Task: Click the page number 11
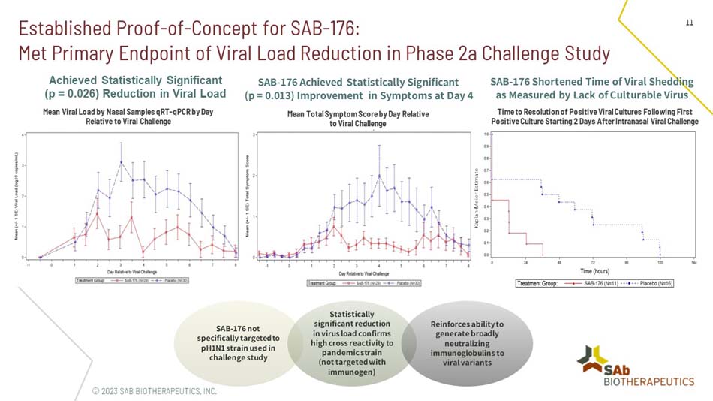pyautogui.click(x=688, y=23)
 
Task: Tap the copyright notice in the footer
pyautogui.click(x=154, y=391)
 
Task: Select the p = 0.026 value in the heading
pyautogui.click(x=74, y=94)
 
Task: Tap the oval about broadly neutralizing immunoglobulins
pyautogui.click(x=468, y=342)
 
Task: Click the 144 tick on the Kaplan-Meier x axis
pyautogui.click(x=693, y=261)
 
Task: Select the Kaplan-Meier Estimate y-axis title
pyautogui.click(x=477, y=197)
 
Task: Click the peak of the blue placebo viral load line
pyautogui.click(x=121, y=161)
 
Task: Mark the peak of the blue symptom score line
pyautogui.click(x=379, y=176)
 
